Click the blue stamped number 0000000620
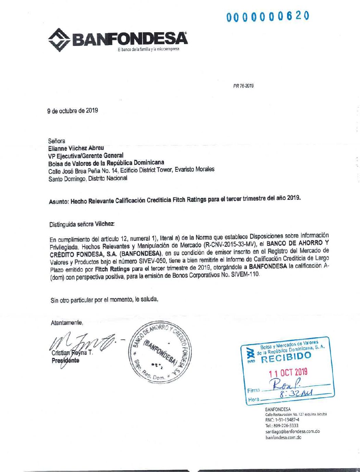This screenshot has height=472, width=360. click(x=268, y=16)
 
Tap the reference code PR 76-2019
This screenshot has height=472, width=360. click(x=244, y=86)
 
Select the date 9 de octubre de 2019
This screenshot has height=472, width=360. click(x=73, y=111)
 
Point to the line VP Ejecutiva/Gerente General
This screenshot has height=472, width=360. click(x=86, y=155)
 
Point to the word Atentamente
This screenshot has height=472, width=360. click(x=67, y=323)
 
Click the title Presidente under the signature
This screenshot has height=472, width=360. click(x=65, y=360)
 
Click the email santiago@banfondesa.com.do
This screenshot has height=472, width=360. click(x=293, y=432)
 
